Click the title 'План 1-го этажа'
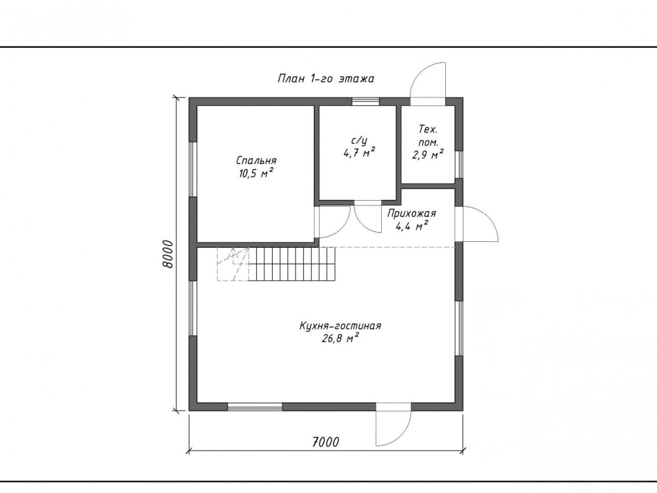tap(326, 78)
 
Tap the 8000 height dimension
tap(167, 254)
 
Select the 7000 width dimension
tap(326, 441)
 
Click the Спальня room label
tap(256, 161)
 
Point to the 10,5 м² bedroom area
tap(256, 173)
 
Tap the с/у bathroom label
tap(359, 141)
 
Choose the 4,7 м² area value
tap(359, 152)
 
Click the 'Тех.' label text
tap(428, 129)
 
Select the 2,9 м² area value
tap(428, 155)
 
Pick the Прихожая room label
tap(411, 213)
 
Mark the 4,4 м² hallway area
tap(411, 226)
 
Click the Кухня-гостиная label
tap(340, 326)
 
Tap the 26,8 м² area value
tap(340, 338)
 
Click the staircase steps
tap(292, 263)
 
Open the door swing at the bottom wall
tap(393, 424)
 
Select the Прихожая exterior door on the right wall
tap(477, 224)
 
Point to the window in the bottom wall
tap(255, 406)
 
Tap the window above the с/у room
tap(365, 101)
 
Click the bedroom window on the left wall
tap(193, 169)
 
